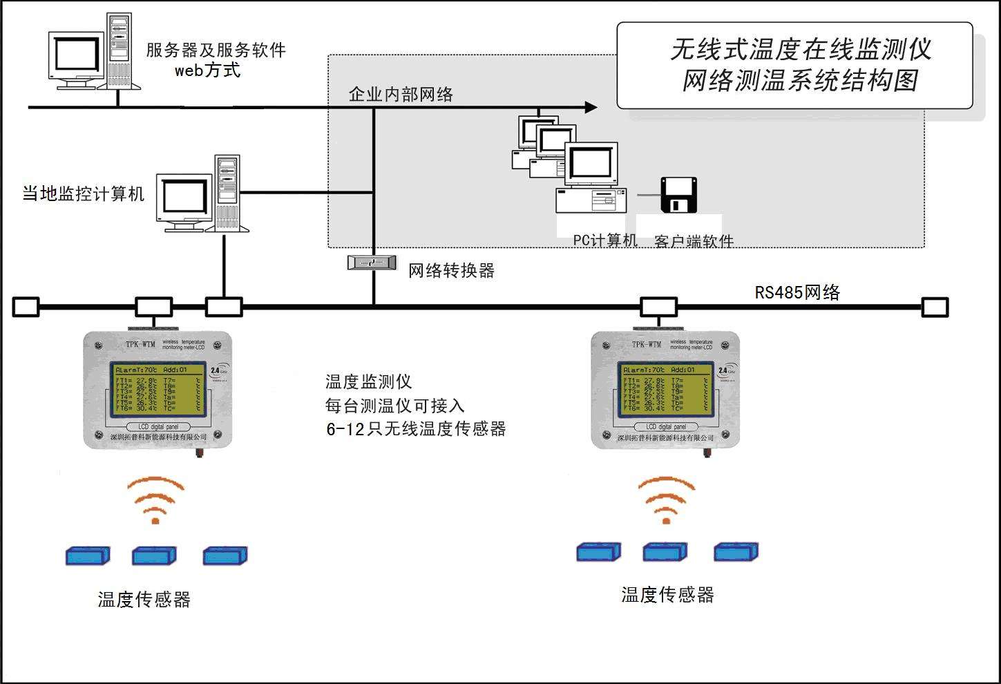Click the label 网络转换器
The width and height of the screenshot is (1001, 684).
451,271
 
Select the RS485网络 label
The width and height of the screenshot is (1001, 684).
797,293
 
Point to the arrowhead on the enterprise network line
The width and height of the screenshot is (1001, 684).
591,107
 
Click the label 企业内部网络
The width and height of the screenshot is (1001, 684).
401,95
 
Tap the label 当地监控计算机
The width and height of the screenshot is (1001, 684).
84,194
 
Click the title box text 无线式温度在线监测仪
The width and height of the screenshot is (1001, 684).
800,50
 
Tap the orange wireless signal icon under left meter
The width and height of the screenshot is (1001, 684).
155,499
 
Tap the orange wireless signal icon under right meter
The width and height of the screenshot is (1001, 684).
666,499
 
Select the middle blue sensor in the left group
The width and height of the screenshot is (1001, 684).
155,555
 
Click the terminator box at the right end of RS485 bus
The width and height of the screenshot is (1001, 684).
935,307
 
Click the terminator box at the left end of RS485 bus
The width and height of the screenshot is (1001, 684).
26,307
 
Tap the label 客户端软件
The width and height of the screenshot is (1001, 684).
693,241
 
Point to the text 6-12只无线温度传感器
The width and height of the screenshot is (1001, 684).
416,429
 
